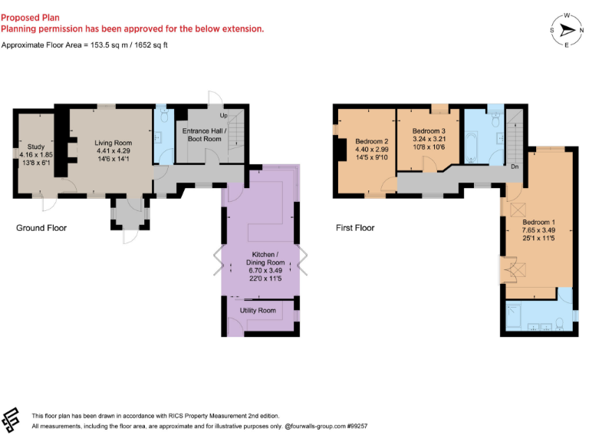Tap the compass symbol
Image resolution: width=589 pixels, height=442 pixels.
click(567, 31)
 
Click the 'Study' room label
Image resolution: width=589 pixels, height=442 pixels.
click(36, 146)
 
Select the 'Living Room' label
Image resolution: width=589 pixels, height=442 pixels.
click(113, 143)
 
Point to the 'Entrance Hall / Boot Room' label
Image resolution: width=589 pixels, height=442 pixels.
click(202, 134)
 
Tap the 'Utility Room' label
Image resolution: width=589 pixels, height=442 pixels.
click(258, 310)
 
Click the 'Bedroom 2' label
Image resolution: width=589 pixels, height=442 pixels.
click(372, 141)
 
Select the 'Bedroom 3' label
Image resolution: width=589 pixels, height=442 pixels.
click(427, 131)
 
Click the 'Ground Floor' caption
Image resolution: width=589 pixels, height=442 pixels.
click(41, 228)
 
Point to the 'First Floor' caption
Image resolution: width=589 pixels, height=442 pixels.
click(355, 228)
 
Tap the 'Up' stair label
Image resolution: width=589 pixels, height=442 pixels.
click(223, 116)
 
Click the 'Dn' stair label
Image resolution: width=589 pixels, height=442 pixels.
click(515, 166)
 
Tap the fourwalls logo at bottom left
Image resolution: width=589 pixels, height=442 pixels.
click(12, 419)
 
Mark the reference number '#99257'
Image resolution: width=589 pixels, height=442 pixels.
click(356, 425)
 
